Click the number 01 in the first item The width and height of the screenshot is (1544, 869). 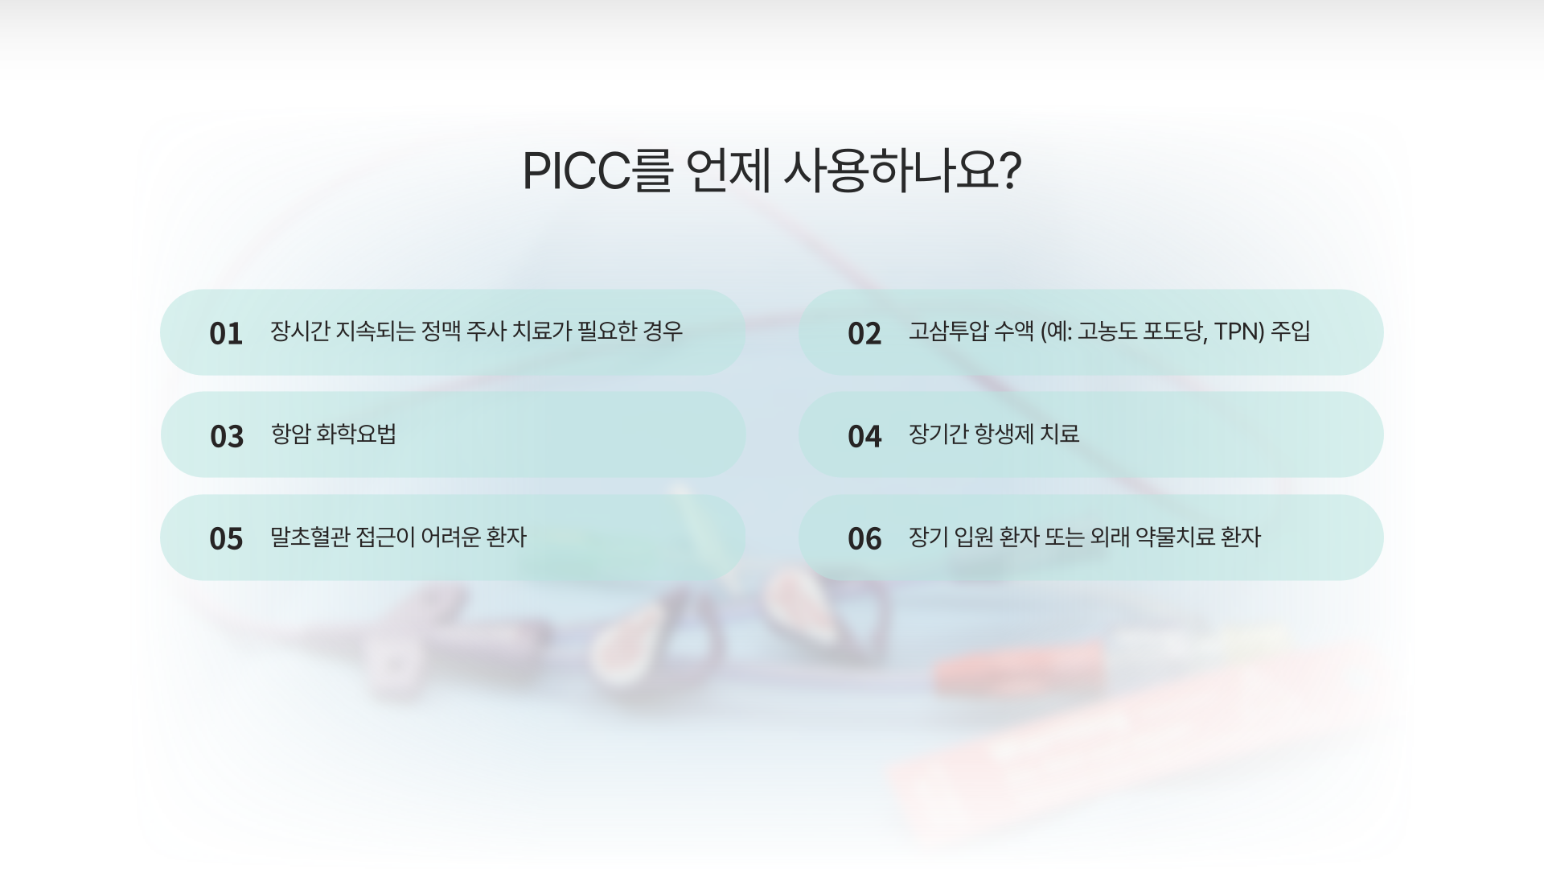pos(226,333)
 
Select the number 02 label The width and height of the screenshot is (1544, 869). pos(864,333)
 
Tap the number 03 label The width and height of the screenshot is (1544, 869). pos(227,436)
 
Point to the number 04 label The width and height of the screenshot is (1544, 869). pos(864,436)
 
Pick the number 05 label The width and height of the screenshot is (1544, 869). pos(226,538)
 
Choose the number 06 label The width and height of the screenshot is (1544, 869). pos(864,538)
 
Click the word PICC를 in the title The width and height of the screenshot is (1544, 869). pos(597,171)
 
